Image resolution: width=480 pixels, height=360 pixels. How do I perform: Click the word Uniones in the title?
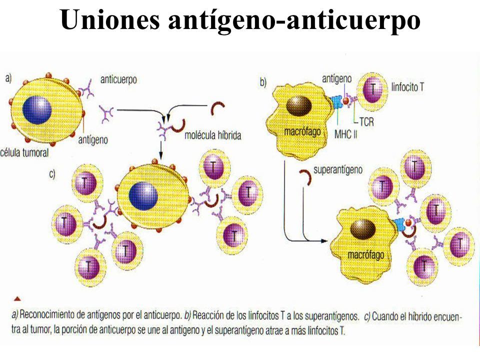pyautogui.click(x=110, y=19)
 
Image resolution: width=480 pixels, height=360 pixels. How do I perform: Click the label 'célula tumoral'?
pyautogui.click(x=24, y=152)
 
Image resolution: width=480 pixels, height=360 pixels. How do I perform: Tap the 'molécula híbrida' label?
pyautogui.click(x=213, y=135)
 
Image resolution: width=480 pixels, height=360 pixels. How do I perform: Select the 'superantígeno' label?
pyautogui.click(x=338, y=170)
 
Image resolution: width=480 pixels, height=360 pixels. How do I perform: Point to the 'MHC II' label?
pyautogui.click(x=345, y=134)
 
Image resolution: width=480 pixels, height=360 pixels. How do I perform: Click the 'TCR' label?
pyautogui.click(x=366, y=122)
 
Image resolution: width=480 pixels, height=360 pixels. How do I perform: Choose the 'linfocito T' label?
pyautogui.click(x=407, y=87)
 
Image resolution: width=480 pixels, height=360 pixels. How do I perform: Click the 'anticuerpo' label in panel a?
pyautogui.click(x=119, y=79)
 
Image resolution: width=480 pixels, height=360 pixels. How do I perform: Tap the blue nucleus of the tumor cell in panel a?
pyautogui.click(x=37, y=110)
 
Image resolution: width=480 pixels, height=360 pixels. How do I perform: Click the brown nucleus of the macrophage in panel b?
pyautogui.click(x=299, y=105)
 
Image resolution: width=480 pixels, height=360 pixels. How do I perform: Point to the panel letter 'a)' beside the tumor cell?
pyautogui.click(x=8, y=78)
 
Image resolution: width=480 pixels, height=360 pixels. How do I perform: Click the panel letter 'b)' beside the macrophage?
pyautogui.click(x=263, y=82)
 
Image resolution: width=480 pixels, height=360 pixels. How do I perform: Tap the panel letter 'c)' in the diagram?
pyautogui.click(x=52, y=174)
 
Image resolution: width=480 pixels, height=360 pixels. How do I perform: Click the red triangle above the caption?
pyautogui.click(x=17, y=298)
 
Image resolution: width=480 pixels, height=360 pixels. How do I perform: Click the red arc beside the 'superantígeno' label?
pyautogui.click(x=305, y=177)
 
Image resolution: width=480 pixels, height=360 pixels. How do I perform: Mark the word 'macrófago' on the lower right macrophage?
pyautogui.click(x=366, y=254)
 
